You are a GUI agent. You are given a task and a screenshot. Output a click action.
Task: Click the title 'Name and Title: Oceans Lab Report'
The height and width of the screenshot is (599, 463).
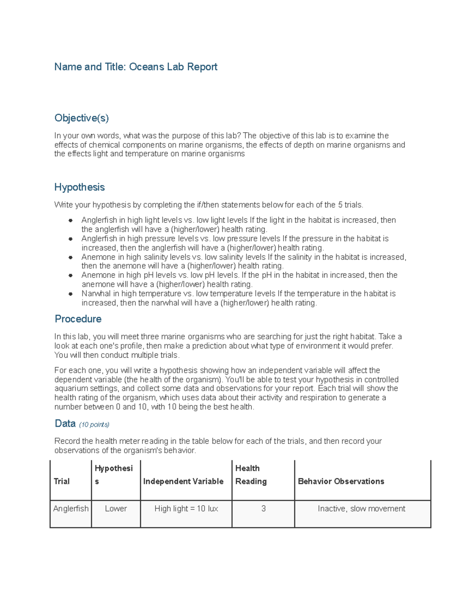tap(136, 67)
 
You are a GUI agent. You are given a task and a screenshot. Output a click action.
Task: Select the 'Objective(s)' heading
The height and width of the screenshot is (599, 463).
tap(81, 118)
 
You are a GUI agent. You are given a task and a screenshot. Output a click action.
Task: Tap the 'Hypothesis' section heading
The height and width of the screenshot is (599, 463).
tap(79, 187)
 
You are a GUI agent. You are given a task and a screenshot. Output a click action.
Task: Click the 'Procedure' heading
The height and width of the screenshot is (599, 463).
tap(78, 319)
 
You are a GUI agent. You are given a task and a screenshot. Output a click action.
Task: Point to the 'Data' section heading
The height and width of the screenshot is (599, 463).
tap(65, 424)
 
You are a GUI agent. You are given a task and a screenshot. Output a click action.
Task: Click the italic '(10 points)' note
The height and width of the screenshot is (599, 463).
tap(94, 424)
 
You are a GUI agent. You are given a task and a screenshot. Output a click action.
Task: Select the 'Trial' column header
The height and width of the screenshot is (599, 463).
tap(62, 481)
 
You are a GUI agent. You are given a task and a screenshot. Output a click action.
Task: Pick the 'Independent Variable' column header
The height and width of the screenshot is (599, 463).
tap(183, 481)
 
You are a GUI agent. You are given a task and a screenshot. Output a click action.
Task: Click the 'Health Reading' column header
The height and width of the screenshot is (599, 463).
tap(251, 475)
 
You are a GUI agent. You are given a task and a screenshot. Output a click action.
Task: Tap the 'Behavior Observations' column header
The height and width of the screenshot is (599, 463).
tap(341, 481)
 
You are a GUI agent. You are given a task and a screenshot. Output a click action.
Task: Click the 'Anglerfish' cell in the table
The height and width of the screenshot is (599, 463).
tap(71, 508)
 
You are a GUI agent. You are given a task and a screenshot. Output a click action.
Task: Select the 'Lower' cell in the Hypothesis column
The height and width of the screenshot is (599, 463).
tap(116, 508)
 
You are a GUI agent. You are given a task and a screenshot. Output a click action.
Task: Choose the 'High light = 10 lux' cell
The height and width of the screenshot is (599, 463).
tap(186, 508)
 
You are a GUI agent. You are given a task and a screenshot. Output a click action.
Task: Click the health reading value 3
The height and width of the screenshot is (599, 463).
tap(264, 508)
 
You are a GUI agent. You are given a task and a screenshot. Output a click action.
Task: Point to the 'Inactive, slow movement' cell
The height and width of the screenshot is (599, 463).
tap(362, 508)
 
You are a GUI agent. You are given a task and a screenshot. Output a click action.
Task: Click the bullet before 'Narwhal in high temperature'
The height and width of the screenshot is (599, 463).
tap(71, 294)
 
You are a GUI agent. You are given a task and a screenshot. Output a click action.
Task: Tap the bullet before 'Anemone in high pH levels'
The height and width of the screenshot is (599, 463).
tap(71, 275)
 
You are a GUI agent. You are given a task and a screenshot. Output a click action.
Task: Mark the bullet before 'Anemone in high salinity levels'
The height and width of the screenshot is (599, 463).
tap(71, 257)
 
